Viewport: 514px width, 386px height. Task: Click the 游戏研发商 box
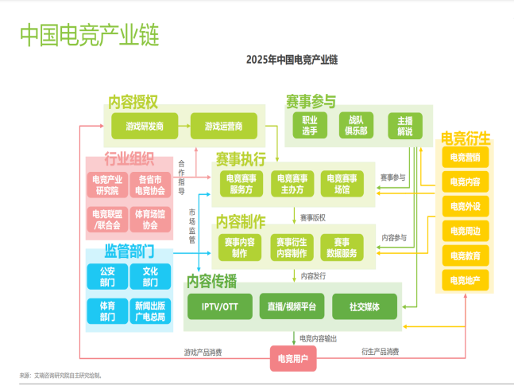point(144,126)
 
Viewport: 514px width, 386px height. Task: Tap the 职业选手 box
point(309,125)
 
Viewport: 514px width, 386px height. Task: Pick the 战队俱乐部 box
point(356,125)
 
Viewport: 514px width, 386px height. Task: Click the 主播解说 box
point(404,125)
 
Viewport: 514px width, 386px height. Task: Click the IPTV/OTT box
point(220,306)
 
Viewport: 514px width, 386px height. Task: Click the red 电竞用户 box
point(293,359)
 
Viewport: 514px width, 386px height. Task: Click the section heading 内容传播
point(211,282)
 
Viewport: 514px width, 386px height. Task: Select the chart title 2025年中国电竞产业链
point(292,59)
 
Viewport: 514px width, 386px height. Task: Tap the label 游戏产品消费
point(203,352)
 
